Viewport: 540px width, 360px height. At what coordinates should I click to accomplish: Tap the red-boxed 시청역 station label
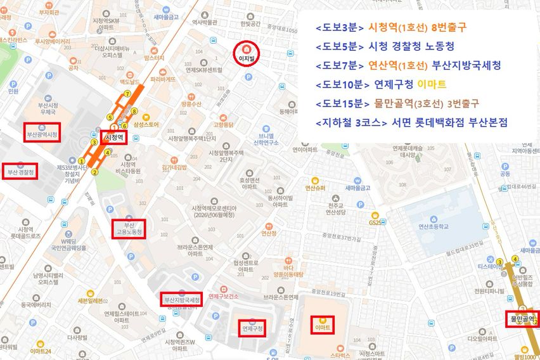click(x=114, y=136)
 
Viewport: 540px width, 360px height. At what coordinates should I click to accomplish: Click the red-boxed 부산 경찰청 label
click(x=20, y=171)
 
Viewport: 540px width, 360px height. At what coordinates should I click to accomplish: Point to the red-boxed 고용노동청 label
click(x=129, y=229)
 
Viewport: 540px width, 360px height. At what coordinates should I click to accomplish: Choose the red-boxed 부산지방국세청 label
click(x=182, y=299)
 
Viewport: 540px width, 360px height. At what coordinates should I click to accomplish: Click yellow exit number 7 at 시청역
click(x=127, y=94)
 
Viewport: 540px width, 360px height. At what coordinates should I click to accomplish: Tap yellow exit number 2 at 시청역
click(x=95, y=171)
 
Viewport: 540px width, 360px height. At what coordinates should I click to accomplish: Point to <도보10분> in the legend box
click(x=340, y=84)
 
